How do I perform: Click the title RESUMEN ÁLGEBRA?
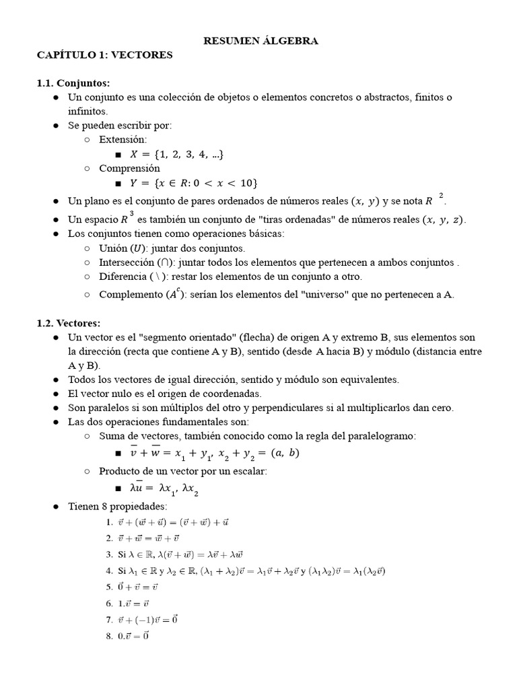(x=261, y=41)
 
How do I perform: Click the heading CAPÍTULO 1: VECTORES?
(x=104, y=55)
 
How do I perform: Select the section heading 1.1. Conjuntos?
(x=73, y=83)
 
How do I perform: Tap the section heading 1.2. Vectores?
(x=68, y=323)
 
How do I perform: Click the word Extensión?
(x=122, y=139)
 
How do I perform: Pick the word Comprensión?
(x=129, y=168)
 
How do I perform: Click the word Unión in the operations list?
(x=112, y=248)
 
